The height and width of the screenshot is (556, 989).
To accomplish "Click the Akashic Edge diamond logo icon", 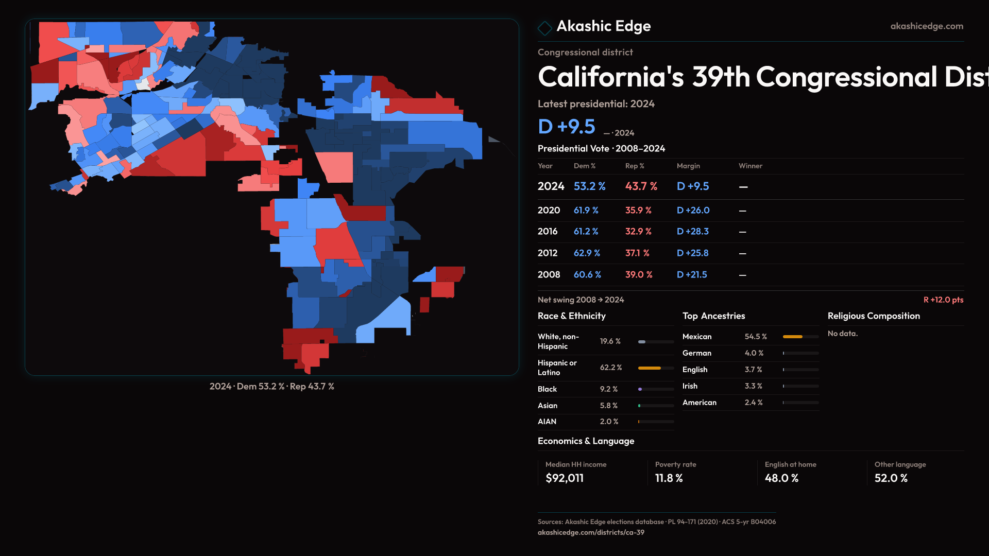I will point(544,28).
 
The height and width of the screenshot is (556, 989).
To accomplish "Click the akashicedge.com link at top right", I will point(926,26).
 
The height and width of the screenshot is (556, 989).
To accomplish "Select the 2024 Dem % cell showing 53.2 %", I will point(589,186).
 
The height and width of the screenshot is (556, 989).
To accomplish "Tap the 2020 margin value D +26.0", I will point(693,211).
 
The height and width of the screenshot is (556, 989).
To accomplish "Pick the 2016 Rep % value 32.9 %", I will point(638,232).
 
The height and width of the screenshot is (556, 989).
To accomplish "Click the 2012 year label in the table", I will point(547,253).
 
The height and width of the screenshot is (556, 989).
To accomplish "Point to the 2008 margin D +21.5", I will point(692,275).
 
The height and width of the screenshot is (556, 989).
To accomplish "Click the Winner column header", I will point(750,166).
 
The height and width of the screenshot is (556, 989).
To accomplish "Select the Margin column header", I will point(688,166).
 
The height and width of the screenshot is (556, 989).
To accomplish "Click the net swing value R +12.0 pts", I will point(943,300).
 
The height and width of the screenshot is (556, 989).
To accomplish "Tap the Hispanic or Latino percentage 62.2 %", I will point(611,368).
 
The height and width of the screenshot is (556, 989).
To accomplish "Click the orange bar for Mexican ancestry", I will point(793,337).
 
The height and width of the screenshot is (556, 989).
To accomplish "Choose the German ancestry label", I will point(696,353).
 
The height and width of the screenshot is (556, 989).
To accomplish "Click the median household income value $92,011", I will point(565,478).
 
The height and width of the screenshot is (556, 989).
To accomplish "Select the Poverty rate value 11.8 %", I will point(669,478).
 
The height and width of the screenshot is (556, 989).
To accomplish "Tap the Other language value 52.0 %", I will point(891,478).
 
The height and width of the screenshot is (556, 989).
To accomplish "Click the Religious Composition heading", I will point(874,316).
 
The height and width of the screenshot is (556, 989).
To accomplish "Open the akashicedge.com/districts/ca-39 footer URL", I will point(591,532).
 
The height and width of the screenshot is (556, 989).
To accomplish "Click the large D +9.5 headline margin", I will point(567,127).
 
